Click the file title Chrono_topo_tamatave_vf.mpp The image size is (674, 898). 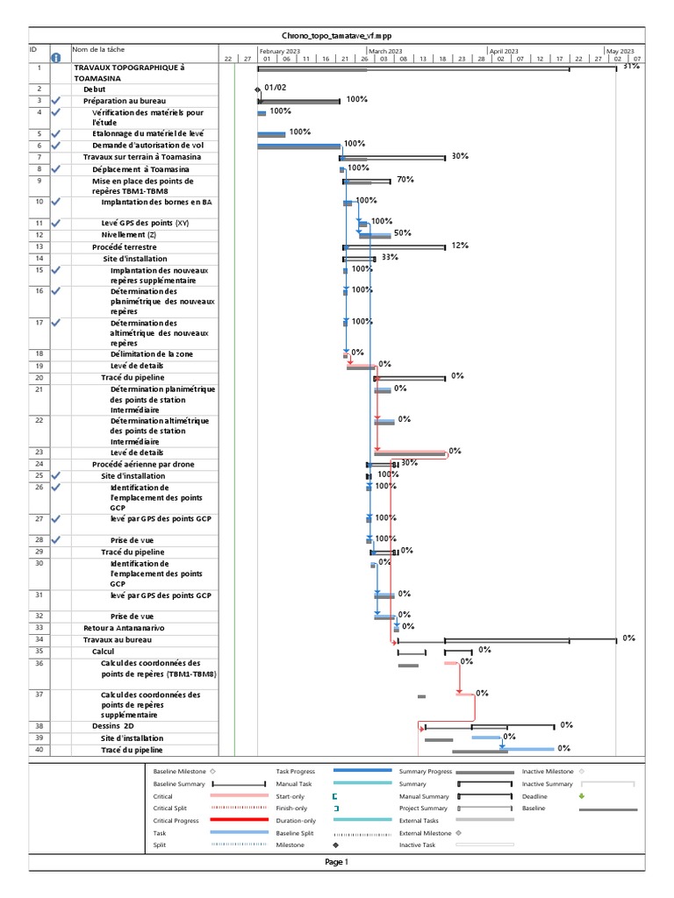(337, 36)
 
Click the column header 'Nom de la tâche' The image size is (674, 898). (99, 50)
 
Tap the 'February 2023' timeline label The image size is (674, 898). (280, 52)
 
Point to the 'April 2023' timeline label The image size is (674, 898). (504, 52)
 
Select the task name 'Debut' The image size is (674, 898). (94, 89)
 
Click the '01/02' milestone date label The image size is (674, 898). (275, 88)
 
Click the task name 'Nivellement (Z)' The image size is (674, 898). (131, 235)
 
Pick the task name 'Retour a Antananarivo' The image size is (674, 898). (124, 628)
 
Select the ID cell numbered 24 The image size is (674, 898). (39, 464)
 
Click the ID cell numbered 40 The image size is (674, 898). (39, 750)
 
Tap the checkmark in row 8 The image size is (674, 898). (56, 168)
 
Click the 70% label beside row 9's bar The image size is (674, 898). (405, 179)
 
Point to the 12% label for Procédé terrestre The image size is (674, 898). (460, 246)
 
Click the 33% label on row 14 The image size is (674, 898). (390, 257)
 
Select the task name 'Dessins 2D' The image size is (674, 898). (113, 726)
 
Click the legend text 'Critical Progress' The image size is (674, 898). (178, 819)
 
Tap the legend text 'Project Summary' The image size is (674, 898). (425, 807)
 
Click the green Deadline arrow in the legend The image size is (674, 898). (581, 795)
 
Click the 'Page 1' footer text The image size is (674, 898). (337, 861)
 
